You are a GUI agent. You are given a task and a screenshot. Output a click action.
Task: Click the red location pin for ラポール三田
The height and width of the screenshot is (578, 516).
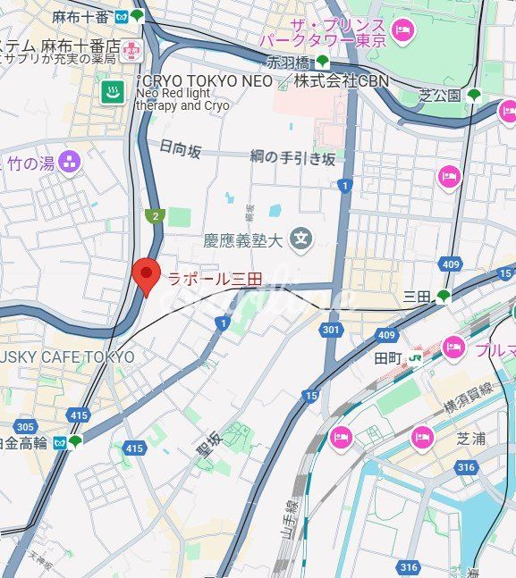click(145, 275)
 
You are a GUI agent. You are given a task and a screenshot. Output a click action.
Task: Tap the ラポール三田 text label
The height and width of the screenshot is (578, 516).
click(215, 280)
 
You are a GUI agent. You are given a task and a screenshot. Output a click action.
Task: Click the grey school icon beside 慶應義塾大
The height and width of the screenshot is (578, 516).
click(301, 239)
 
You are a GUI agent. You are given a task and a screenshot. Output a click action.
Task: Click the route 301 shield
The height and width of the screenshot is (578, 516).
click(331, 330)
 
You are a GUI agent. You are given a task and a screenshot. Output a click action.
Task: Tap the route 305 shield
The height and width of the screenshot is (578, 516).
click(25, 426)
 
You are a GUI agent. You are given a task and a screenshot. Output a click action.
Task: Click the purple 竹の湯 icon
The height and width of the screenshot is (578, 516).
click(70, 162)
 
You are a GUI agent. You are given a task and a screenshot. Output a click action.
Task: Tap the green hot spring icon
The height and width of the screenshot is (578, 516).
click(113, 93)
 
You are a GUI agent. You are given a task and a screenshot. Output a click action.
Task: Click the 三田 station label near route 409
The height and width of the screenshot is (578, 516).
click(417, 296)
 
